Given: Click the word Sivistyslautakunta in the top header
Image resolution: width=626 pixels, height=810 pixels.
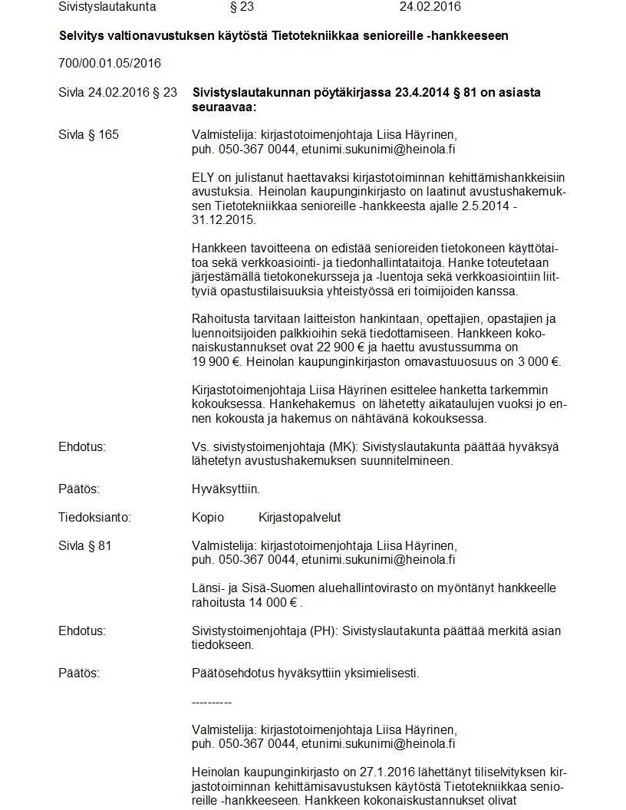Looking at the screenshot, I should tap(107, 7).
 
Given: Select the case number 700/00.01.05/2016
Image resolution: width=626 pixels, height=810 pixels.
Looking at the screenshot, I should tap(110, 62).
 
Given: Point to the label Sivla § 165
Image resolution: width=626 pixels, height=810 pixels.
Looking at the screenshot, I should tap(88, 135).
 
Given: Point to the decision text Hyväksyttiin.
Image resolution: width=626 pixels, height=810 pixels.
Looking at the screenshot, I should tap(226, 489).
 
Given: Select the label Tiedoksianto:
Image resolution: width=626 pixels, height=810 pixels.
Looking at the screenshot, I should tap(94, 517).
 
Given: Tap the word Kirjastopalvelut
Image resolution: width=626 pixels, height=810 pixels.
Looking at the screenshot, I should tap(300, 517).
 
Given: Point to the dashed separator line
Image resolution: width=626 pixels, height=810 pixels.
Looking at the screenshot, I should tap(211, 702).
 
